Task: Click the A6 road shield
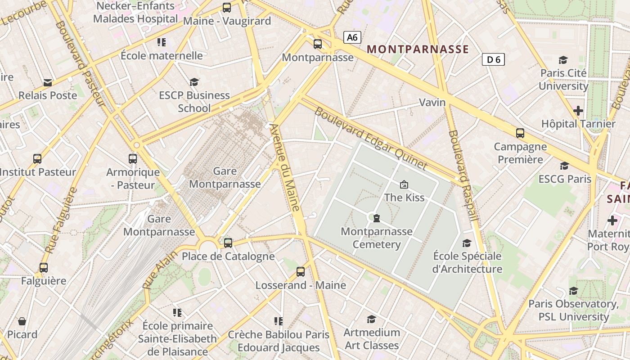(352, 37)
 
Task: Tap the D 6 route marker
(493, 59)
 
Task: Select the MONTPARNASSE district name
(418, 49)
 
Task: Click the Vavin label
(432, 102)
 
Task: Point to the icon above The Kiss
(404, 184)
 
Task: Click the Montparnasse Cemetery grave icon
(377, 219)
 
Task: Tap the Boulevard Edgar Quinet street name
(370, 138)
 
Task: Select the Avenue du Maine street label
(286, 167)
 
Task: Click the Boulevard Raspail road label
(463, 175)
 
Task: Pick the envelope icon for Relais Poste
(48, 82)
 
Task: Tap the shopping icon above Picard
(22, 321)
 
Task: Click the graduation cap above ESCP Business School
(194, 82)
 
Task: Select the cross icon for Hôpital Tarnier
(578, 110)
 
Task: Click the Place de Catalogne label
(228, 256)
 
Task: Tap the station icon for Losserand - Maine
(301, 272)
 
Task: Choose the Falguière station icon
(44, 268)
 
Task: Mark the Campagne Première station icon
(520, 133)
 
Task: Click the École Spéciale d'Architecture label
(467, 262)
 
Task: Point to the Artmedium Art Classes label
(371, 339)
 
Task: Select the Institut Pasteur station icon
(37, 159)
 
